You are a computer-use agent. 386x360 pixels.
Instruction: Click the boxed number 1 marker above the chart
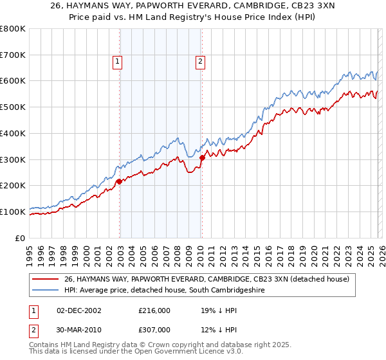(x=118, y=62)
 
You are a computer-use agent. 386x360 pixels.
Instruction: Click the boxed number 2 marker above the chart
(x=201, y=62)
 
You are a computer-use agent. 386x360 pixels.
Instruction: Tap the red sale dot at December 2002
(x=119, y=182)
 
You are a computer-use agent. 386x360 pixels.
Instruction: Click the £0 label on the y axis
(x=21, y=238)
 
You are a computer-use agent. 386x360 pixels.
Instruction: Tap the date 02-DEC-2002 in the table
(x=75, y=310)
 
